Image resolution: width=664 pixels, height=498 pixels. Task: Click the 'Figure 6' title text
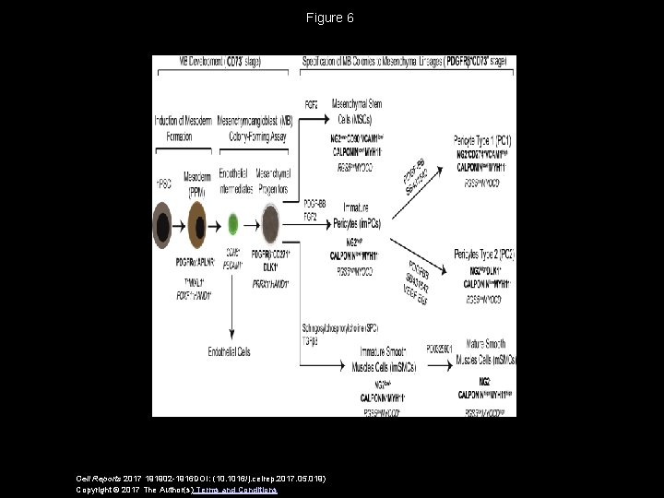tap(332, 18)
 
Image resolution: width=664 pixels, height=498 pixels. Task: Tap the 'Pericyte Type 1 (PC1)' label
tap(481, 140)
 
